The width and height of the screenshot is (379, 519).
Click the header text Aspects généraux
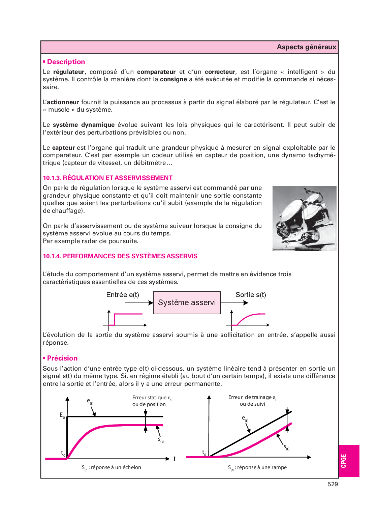point(306,47)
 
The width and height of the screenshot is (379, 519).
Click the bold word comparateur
point(156,72)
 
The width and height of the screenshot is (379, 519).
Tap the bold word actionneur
point(63,102)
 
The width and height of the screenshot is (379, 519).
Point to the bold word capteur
point(63,148)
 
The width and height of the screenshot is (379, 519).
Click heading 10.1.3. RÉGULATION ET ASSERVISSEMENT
point(107,178)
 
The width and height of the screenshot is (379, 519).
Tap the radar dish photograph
point(304,218)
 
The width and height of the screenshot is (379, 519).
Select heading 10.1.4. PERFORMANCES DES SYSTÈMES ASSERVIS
point(120,256)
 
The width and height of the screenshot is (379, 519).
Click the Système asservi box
point(187,303)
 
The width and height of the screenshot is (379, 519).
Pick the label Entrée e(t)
point(123,295)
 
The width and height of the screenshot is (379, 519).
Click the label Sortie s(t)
point(251,295)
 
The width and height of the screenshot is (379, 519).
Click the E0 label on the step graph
point(62,415)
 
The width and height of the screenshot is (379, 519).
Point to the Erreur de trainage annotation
point(252,401)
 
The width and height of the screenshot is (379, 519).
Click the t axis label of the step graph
point(175,459)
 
